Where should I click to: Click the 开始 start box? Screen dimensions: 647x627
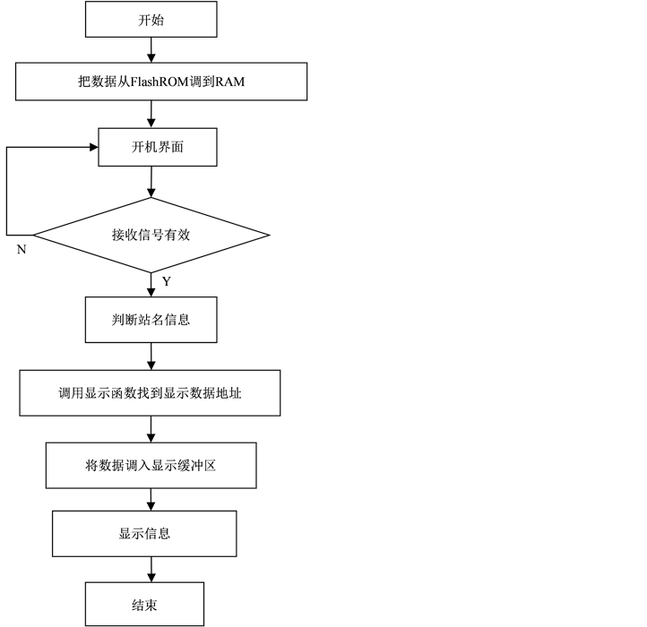(x=151, y=20)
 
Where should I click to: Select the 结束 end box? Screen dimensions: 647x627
(x=144, y=605)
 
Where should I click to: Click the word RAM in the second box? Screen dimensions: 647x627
(x=229, y=82)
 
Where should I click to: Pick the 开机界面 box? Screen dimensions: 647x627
(x=157, y=147)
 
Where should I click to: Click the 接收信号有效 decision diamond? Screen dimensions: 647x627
(x=151, y=236)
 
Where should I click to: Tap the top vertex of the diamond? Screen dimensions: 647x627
(x=151, y=200)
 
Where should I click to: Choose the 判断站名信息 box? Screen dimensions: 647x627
(x=151, y=320)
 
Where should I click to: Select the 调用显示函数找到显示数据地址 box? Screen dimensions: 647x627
(x=150, y=393)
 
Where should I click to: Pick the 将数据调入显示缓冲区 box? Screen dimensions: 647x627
(x=151, y=466)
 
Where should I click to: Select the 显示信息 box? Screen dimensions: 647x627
(x=144, y=534)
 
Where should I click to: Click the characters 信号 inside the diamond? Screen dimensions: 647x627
(x=151, y=236)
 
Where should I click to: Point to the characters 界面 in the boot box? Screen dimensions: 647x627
(x=170, y=147)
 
